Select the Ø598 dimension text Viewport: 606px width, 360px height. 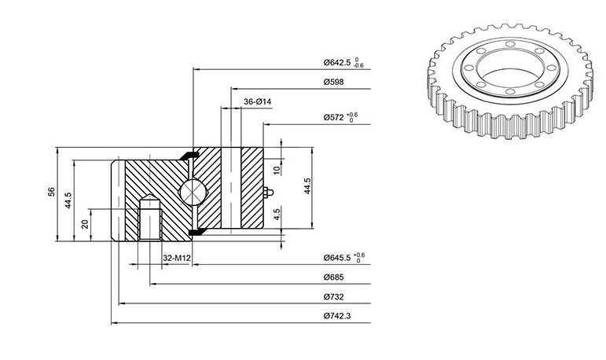(333, 82)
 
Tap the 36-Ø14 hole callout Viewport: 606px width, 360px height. (257, 101)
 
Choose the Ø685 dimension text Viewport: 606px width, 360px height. (333, 277)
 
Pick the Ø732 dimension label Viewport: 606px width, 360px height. (333, 297)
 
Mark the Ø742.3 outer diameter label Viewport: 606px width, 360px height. (337, 316)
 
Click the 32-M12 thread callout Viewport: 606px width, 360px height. (177, 258)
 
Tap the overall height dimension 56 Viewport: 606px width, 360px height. (51, 192)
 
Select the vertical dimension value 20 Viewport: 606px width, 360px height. (85, 223)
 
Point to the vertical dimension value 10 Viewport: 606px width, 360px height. (277, 170)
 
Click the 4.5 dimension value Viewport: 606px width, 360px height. (277, 215)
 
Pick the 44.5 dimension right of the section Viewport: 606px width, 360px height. (307, 186)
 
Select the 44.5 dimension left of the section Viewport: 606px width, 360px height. (68, 200)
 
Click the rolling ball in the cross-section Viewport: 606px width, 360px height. (192, 192)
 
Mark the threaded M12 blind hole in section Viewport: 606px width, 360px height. (149, 218)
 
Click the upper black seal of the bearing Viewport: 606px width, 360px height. (189, 155)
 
